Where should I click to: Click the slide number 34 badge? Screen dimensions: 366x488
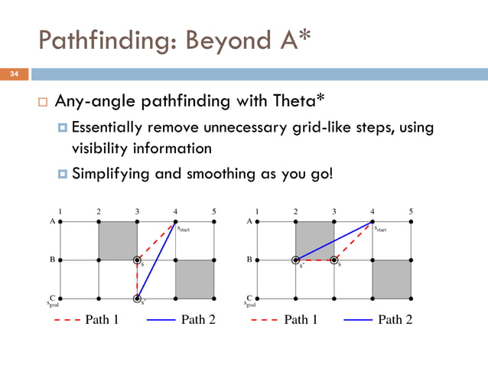pos(14,74)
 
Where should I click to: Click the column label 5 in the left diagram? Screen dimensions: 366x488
pos(214,211)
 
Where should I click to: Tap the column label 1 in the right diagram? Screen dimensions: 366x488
pos(257,211)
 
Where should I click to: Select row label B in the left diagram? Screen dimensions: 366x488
pos(51,260)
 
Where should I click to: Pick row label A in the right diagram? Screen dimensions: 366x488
pos(249,221)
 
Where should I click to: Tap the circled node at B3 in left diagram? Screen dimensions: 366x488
pos(137,260)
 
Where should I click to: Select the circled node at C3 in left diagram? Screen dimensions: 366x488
pos(137,298)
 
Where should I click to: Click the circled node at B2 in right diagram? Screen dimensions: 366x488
pos(296,260)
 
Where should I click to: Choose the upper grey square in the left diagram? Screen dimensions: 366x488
pos(118,240)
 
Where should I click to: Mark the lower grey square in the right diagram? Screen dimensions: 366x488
pos(392,279)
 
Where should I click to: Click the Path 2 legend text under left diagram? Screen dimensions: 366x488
pos(198,319)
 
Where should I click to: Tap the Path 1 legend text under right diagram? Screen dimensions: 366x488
pos(300,319)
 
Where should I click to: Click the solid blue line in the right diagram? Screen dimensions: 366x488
pos(334,241)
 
